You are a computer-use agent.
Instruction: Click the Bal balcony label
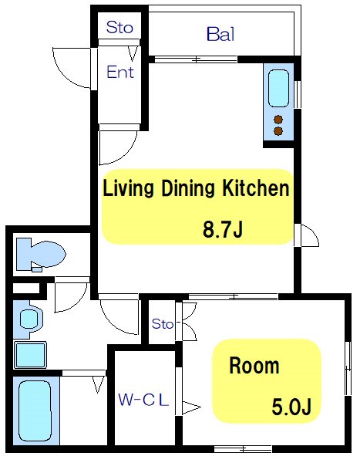[220, 34]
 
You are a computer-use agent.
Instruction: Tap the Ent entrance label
[120, 72]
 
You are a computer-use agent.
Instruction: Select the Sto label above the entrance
[119, 27]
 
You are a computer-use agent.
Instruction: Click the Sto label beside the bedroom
[162, 324]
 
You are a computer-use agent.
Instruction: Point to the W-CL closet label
[143, 400]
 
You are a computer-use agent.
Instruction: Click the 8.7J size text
[223, 229]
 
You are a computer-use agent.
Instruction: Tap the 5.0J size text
[291, 407]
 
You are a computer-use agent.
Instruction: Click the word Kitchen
[255, 188]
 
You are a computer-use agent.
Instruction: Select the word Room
[254, 366]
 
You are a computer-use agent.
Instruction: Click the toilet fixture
[40, 255]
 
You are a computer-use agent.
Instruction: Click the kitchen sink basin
[278, 88]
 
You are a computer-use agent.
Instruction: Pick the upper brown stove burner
[278, 120]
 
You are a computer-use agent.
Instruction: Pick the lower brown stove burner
[278, 131]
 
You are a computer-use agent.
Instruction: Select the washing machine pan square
[30, 355]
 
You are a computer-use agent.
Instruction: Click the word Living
[128, 189]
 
